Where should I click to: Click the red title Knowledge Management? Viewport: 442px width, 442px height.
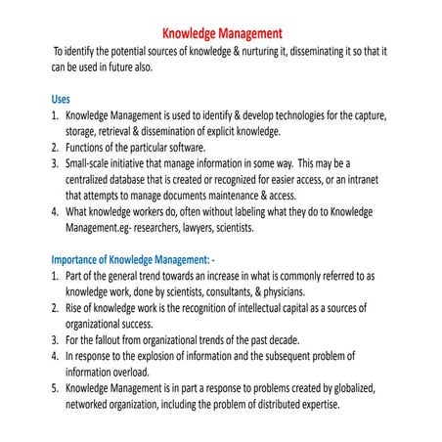click(220, 31)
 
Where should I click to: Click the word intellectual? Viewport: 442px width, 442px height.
click(257, 307)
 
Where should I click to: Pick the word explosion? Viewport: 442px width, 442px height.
click(165, 356)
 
